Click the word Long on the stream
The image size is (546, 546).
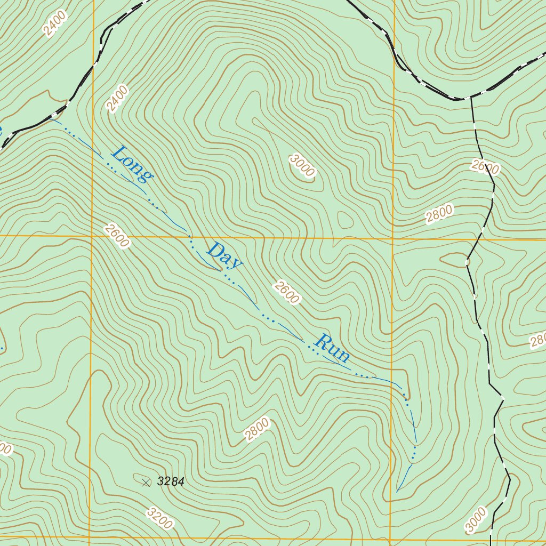tap(132, 164)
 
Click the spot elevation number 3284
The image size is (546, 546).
tap(171, 482)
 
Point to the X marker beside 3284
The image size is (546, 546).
tap(146, 483)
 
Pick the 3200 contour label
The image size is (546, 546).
tap(159, 519)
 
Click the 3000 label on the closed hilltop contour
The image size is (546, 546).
tap(302, 165)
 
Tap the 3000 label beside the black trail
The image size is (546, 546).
tap(476, 520)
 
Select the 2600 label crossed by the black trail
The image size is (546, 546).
tap(485, 168)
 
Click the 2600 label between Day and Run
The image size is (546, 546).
tap(287, 292)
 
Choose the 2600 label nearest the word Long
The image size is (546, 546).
tap(117, 236)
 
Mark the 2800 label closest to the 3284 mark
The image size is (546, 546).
tap(258, 429)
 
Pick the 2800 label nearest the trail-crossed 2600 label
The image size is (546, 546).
tap(439, 213)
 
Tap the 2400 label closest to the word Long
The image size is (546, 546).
tap(117, 99)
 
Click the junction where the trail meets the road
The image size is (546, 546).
tap(470, 98)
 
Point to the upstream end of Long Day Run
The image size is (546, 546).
tap(397, 491)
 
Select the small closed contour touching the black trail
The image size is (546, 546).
tap(453, 260)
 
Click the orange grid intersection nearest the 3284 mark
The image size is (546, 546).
tap(90, 537)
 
